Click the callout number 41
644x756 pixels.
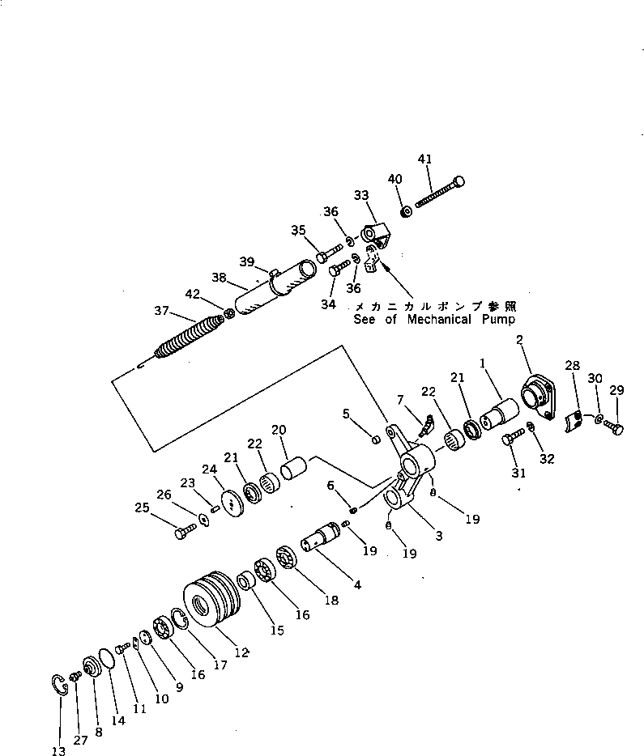(424, 158)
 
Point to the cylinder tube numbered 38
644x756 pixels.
(279, 288)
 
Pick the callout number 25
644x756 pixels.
(143, 508)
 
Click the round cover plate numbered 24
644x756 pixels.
(232, 503)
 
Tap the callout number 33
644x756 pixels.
(360, 195)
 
